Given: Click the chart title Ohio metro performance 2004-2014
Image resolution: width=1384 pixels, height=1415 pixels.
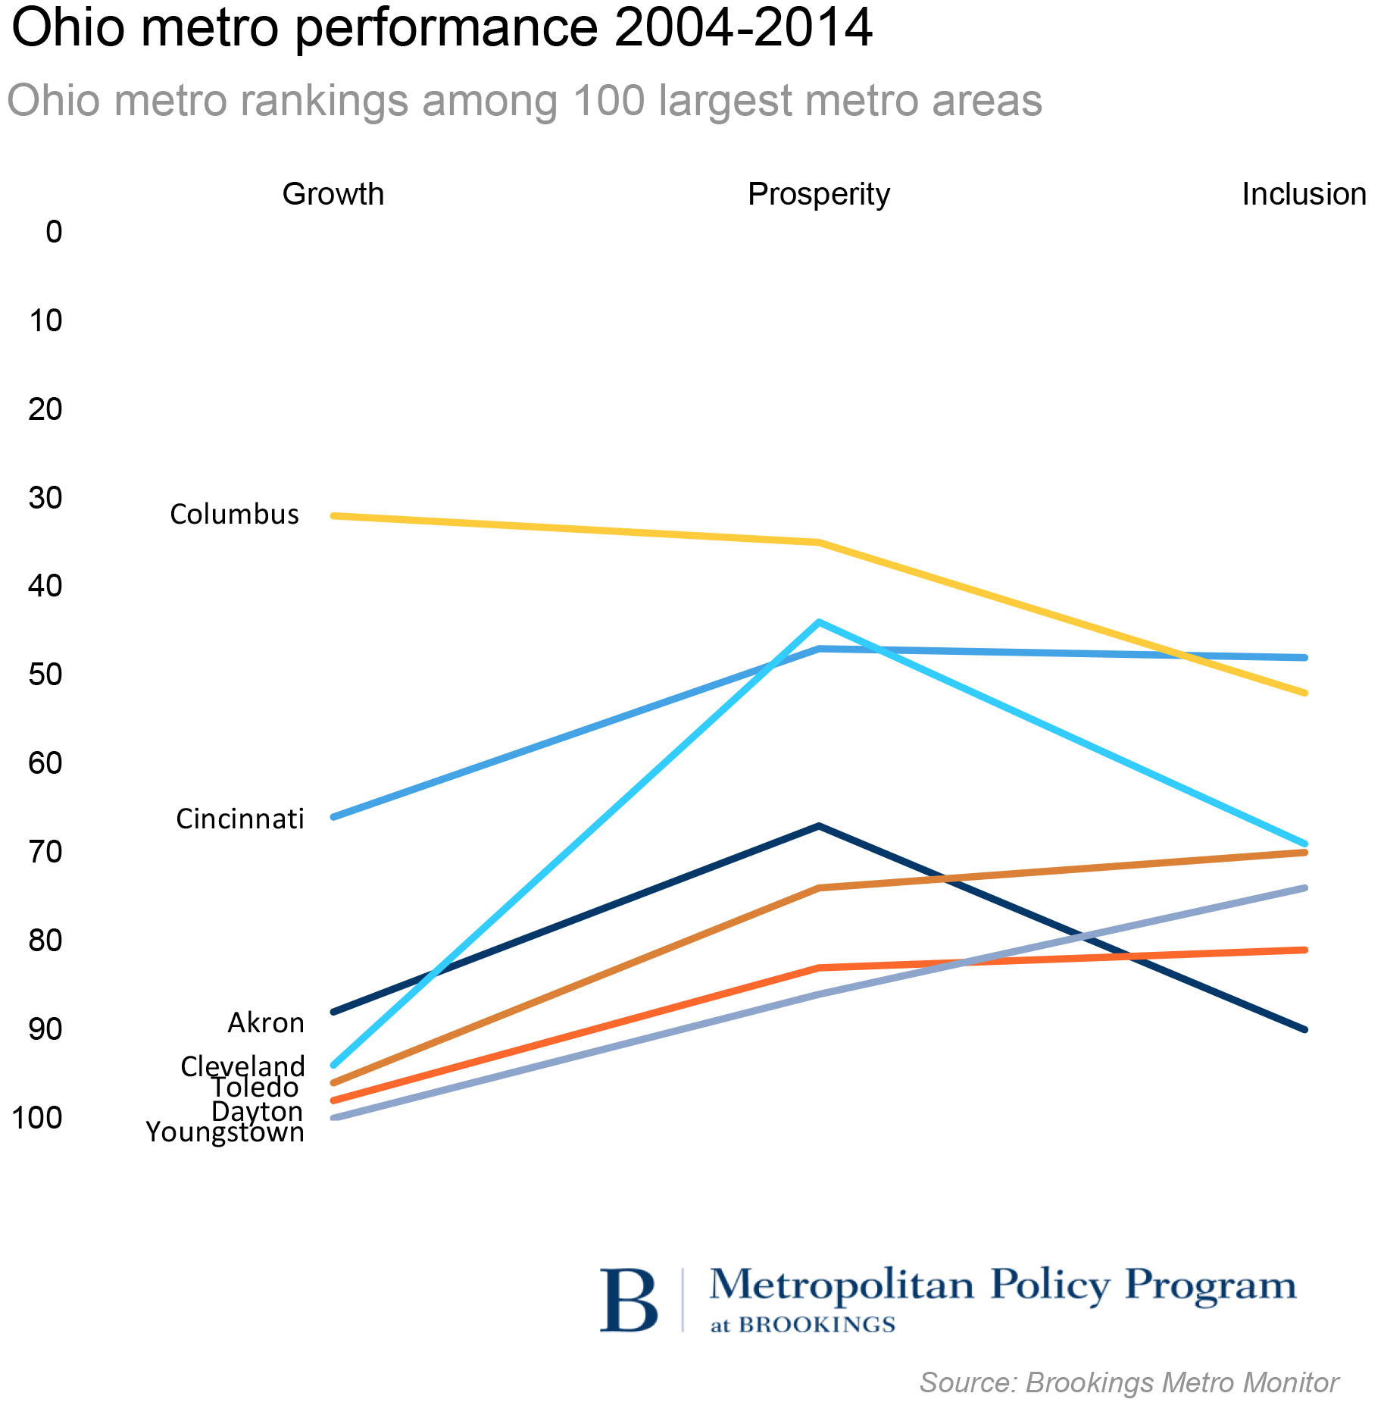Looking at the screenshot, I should tap(442, 29).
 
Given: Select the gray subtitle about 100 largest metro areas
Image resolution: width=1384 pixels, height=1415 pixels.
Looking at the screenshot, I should tap(524, 100).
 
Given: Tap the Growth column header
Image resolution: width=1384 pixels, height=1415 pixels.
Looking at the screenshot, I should tap(333, 194).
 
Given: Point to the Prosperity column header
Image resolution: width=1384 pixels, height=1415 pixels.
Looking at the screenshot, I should tap(818, 194).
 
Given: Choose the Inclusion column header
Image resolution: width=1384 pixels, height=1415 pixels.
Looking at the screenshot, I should tap(1304, 194).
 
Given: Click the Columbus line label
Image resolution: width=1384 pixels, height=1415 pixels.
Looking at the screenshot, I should tap(234, 514).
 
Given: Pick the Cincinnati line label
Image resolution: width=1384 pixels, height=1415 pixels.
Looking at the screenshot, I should tap(239, 819).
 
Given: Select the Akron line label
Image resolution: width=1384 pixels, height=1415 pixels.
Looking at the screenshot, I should tap(265, 1022).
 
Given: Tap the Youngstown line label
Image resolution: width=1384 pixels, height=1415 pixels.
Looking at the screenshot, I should tap(225, 1132).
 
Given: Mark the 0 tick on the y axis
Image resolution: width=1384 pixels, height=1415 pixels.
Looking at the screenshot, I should tap(54, 231).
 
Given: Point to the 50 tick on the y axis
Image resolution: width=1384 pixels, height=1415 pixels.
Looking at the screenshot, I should tap(45, 674).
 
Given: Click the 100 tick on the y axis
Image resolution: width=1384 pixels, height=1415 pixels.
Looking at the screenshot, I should tap(37, 1117).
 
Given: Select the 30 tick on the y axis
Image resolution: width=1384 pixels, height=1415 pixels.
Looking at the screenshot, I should tap(45, 497).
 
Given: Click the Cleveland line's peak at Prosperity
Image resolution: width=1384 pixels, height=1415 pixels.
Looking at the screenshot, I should tap(818, 622).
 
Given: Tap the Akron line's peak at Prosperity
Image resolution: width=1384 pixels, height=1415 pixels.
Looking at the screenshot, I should tap(818, 825).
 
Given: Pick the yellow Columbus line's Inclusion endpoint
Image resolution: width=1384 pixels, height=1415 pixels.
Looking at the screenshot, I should tap(1304, 693).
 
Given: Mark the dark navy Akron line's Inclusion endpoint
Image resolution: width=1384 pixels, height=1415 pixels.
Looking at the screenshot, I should tap(1304, 1029).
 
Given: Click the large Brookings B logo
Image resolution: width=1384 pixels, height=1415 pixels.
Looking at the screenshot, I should tap(628, 1301).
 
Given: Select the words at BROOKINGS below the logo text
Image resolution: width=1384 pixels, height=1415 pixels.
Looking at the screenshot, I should tap(802, 1325).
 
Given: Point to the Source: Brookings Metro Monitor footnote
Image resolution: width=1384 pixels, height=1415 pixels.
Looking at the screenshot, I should tap(1129, 1382).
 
